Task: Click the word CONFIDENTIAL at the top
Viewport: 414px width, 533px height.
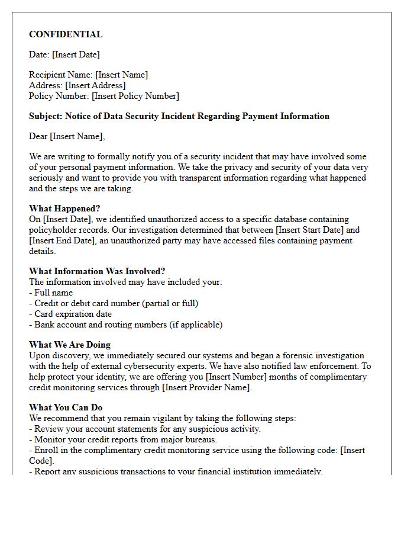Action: (66, 34)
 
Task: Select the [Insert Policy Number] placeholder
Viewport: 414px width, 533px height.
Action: (135, 96)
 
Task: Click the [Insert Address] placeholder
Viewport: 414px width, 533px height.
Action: (95, 85)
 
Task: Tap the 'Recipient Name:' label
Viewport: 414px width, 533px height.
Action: (61, 75)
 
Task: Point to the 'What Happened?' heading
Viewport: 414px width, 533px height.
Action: (64, 208)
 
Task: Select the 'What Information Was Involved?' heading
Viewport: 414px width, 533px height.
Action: (97, 271)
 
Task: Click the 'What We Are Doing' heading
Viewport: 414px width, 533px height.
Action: (70, 345)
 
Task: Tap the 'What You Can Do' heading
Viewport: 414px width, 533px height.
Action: (66, 407)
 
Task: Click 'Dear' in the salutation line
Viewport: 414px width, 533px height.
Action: (38, 136)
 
